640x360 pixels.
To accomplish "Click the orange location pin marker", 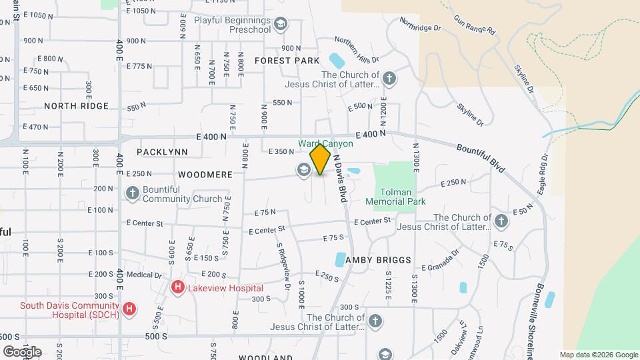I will point(321,159).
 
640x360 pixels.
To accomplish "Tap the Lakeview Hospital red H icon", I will point(178,287).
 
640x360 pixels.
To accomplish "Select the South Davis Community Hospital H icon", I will point(130,309).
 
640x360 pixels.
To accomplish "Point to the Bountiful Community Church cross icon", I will point(132,194).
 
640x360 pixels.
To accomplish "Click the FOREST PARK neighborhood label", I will point(288,61).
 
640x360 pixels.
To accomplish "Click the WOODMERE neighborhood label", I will point(205,174).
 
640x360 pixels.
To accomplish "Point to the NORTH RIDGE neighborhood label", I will point(76,106).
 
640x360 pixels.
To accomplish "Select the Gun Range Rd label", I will point(474,26).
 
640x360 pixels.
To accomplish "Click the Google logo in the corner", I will point(23,352).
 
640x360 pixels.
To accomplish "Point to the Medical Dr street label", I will point(144,275).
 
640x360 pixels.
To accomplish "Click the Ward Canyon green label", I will point(325,143).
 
